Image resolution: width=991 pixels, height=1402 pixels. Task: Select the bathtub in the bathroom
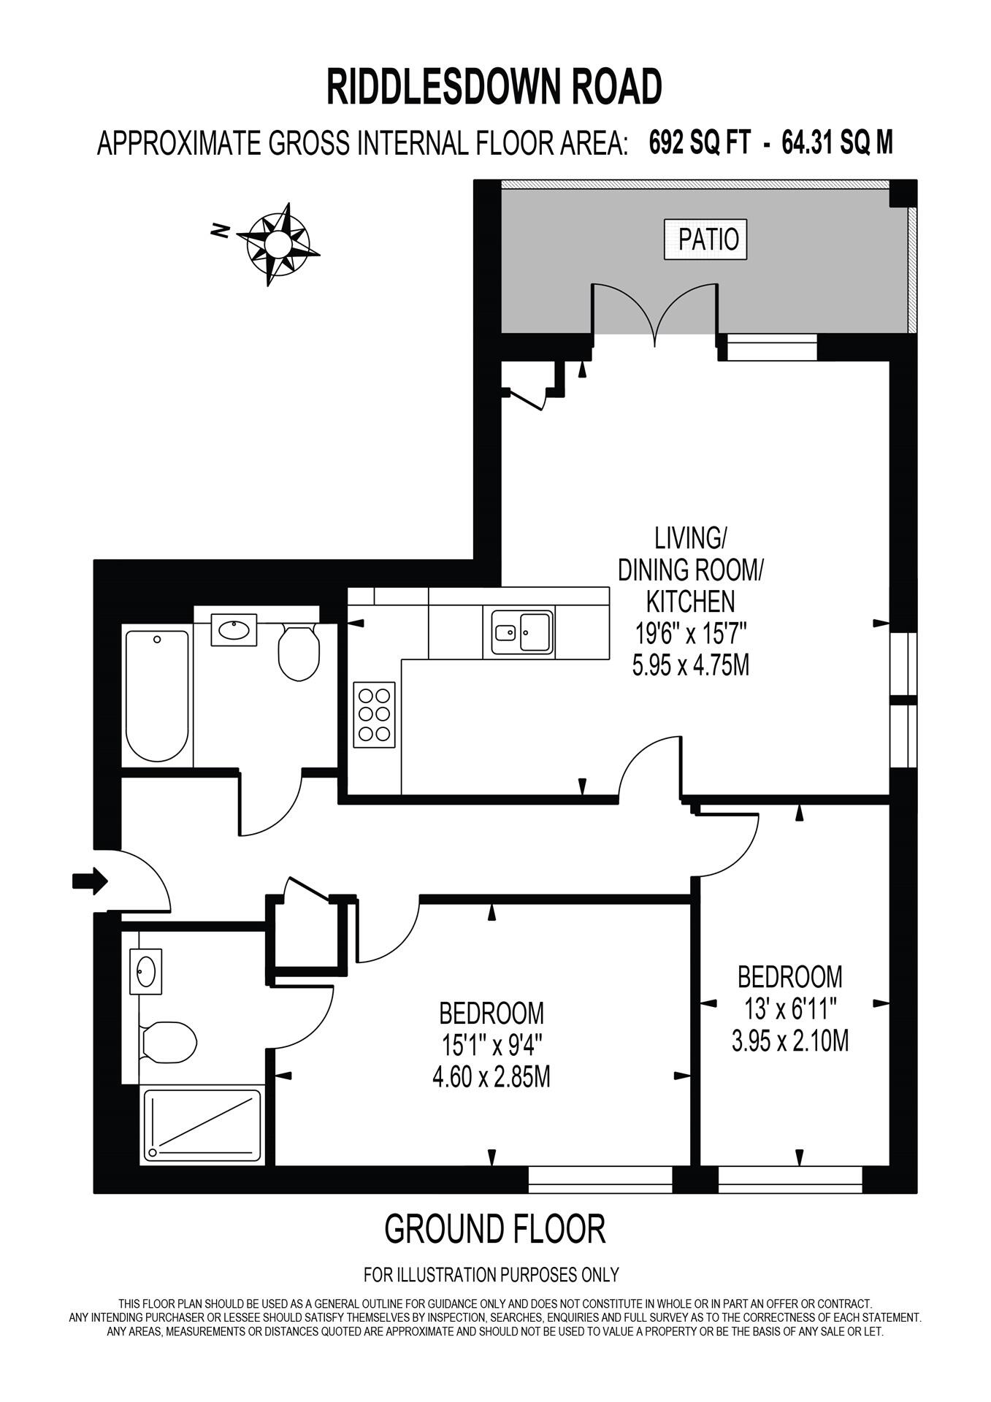157,694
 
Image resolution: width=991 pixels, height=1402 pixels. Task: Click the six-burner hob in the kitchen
375,714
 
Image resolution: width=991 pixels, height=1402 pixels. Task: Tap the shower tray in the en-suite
202,1125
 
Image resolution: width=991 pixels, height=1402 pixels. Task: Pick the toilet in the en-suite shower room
169,1041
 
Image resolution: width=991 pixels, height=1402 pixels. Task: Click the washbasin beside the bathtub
234,629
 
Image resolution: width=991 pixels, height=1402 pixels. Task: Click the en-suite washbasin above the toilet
145,971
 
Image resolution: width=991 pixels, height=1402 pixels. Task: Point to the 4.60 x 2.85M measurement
491,1077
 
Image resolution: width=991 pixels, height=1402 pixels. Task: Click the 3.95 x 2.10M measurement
789,1040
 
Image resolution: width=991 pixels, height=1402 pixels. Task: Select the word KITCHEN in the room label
690,601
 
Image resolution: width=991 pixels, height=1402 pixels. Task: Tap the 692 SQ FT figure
699,142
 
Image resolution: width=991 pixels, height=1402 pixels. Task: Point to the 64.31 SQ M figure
837,142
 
